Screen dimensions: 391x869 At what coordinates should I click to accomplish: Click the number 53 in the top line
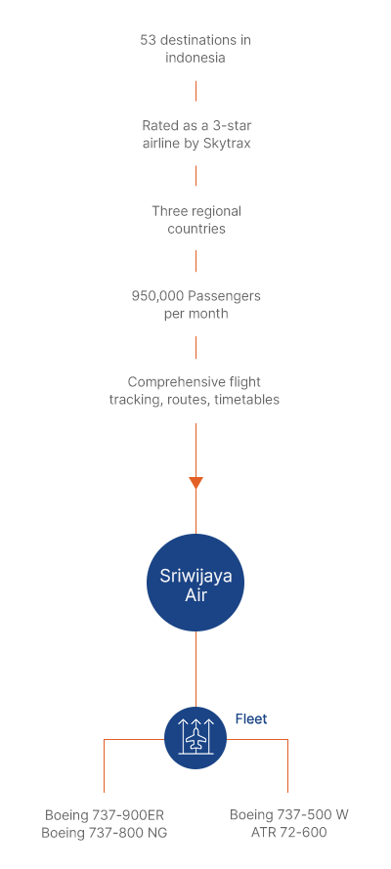click(148, 40)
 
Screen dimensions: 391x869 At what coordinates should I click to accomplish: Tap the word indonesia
click(195, 58)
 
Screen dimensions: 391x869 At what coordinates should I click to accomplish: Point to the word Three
click(169, 211)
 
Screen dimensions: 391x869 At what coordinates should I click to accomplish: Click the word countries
click(196, 229)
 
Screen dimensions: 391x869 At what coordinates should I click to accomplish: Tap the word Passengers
click(224, 296)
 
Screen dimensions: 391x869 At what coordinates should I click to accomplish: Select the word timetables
click(251, 400)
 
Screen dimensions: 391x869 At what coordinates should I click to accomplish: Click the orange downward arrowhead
click(196, 483)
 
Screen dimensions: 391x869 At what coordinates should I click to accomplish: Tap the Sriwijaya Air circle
click(195, 583)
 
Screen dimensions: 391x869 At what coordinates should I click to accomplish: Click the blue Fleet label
click(251, 718)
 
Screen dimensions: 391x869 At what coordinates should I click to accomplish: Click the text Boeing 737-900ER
click(105, 815)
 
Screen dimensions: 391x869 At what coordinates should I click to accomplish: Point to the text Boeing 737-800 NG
click(105, 833)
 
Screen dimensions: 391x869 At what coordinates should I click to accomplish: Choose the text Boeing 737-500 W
click(289, 814)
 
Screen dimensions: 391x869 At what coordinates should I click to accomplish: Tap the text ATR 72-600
click(289, 833)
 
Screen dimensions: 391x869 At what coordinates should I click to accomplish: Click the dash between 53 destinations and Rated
click(196, 91)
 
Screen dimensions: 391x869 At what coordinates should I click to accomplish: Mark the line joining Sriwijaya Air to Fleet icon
click(196, 669)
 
